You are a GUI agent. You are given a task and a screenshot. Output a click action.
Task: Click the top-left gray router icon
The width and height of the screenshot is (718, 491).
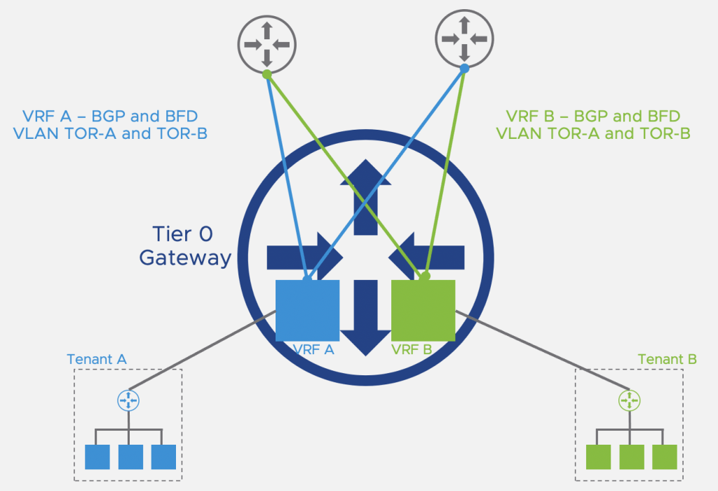[266, 43]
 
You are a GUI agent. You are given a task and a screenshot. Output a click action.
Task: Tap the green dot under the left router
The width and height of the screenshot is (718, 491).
[266, 73]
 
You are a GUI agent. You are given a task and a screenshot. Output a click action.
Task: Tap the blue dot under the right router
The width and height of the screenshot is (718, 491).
[464, 69]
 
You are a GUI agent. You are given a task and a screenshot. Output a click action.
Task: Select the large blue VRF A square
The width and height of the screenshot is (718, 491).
[308, 310]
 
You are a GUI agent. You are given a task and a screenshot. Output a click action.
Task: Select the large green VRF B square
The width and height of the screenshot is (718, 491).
[423, 310]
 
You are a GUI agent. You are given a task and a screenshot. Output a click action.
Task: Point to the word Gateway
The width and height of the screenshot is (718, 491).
[185, 257]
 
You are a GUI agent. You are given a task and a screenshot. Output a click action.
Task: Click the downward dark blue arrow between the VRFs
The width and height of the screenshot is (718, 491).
[365, 316]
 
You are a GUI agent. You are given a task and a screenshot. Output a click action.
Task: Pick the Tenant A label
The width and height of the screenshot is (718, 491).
[97, 360]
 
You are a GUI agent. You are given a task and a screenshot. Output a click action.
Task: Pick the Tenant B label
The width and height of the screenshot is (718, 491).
[667, 360]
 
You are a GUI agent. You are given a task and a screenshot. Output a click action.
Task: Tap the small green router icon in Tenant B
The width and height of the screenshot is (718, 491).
[629, 401]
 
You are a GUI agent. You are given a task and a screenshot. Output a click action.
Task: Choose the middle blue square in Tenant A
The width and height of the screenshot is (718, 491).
[130, 457]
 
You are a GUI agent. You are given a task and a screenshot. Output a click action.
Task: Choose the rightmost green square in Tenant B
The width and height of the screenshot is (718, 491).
[664, 457]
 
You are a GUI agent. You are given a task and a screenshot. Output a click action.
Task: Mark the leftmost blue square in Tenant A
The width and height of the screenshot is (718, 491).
[97, 457]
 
